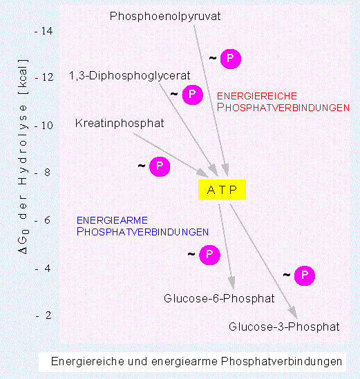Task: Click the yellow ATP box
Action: click(x=222, y=189)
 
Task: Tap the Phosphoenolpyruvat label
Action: click(x=165, y=17)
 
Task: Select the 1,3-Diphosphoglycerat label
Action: click(x=130, y=76)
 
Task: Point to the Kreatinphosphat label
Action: click(x=120, y=124)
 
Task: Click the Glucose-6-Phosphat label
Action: click(x=219, y=298)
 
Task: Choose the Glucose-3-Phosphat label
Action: click(x=284, y=327)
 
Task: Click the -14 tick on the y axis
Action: click(x=44, y=31)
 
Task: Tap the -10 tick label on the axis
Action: click(x=44, y=126)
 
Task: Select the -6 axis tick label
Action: click(x=43, y=220)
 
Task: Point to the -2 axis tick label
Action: click(x=44, y=315)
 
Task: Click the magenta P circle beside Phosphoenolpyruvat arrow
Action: click(x=231, y=59)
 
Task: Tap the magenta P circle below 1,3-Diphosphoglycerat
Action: click(x=192, y=95)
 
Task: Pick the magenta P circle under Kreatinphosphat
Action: click(x=160, y=166)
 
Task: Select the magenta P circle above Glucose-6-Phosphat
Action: click(x=209, y=255)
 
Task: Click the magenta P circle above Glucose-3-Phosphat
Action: click(x=305, y=275)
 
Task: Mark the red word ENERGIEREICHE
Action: click(x=257, y=96)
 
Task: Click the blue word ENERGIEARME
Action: click(x=112, y=220)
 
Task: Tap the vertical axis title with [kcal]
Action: click(x=23, y=157)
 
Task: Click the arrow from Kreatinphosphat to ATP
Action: click(x=171, y=155)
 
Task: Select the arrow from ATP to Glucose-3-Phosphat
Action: click(x=263, y=261)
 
